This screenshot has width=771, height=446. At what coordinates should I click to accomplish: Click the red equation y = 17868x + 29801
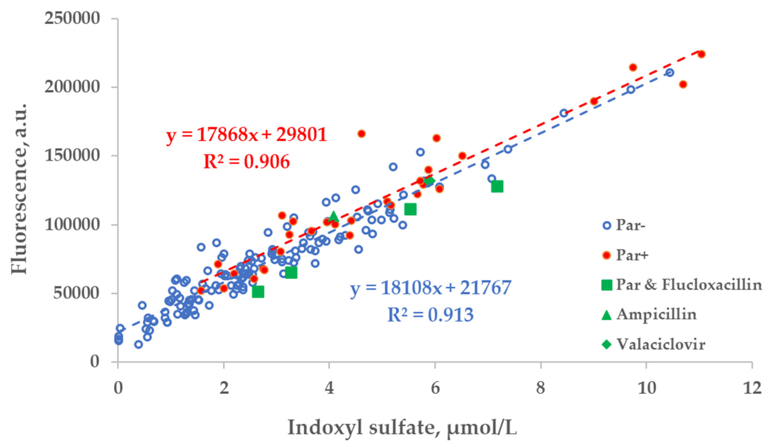point(247,135)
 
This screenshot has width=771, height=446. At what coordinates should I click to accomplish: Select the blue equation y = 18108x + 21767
point(431,288)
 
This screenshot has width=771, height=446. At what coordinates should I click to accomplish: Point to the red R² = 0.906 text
point(247,162)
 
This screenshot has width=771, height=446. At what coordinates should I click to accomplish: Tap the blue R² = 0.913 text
point(431,315)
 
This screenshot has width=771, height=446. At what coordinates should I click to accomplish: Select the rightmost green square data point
point(497,186)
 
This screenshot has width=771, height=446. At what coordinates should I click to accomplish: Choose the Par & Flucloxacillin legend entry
point(688,285)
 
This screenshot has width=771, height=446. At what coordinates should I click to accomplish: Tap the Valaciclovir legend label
point(661,344)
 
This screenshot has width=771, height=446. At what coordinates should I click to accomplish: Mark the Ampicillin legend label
point(656,314)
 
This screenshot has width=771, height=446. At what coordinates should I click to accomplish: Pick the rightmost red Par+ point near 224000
point(702,54)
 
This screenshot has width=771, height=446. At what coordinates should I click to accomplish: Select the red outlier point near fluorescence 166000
point(361,134)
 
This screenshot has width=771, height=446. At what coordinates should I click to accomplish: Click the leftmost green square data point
point(258,292)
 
